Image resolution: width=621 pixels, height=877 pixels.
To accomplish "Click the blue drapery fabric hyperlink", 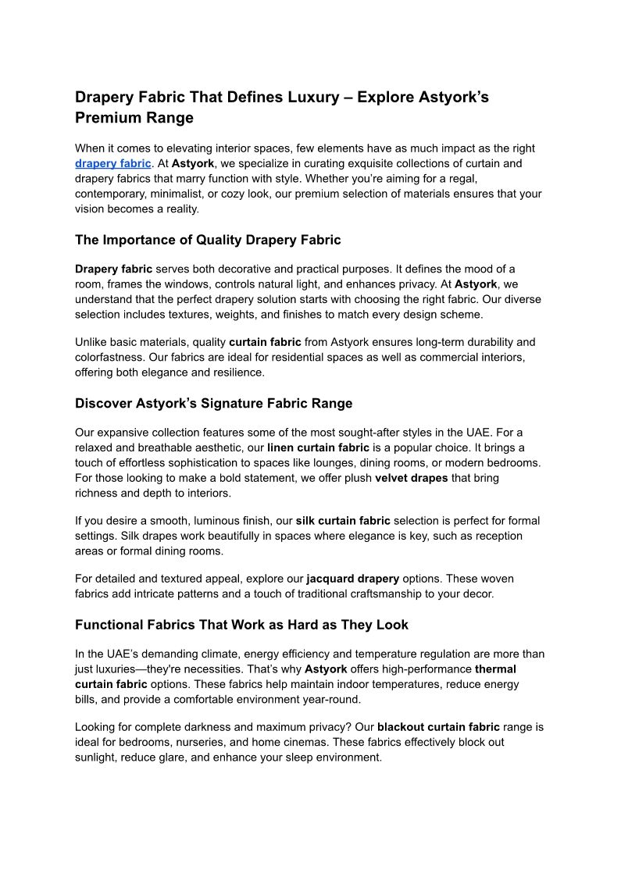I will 112,164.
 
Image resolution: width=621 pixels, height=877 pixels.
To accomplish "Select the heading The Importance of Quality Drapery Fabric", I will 208,240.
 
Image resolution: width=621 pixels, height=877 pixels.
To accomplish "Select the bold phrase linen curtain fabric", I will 318,448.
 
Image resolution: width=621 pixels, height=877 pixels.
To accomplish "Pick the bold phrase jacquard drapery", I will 352,579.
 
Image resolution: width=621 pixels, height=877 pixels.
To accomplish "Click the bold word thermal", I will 495,669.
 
